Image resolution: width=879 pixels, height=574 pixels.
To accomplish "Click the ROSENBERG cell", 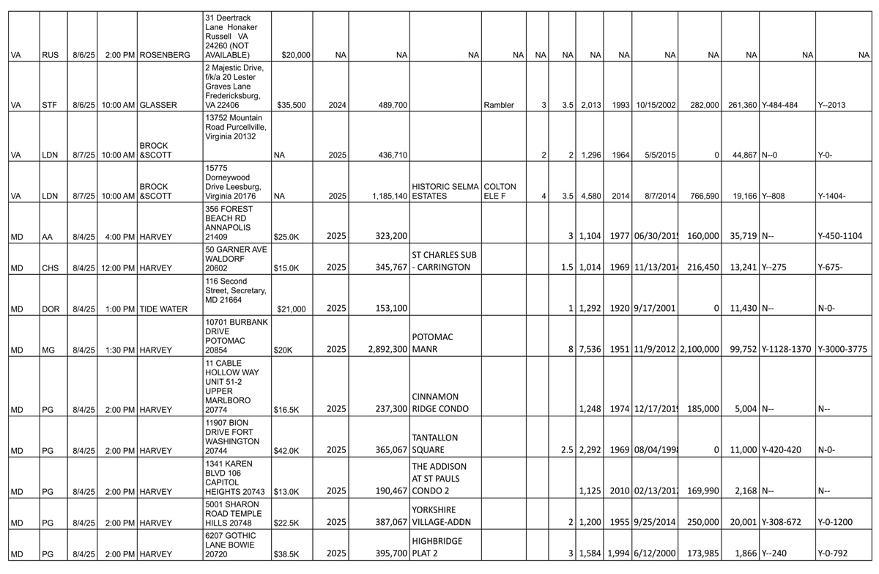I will [x=165, y=55].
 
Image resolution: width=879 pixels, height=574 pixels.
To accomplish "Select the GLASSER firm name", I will [x=158, y=106].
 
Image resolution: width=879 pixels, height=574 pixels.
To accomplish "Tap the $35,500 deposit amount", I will [x=295, y=106].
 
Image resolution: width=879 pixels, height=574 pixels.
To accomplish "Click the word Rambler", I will [x=499, y=106].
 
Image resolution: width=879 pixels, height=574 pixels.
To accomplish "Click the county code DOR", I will [x=51, y=309].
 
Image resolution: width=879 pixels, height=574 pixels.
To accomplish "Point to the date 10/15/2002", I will [x=655, y=106].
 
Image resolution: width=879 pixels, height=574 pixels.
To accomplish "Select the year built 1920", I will [x=620, y=309].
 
